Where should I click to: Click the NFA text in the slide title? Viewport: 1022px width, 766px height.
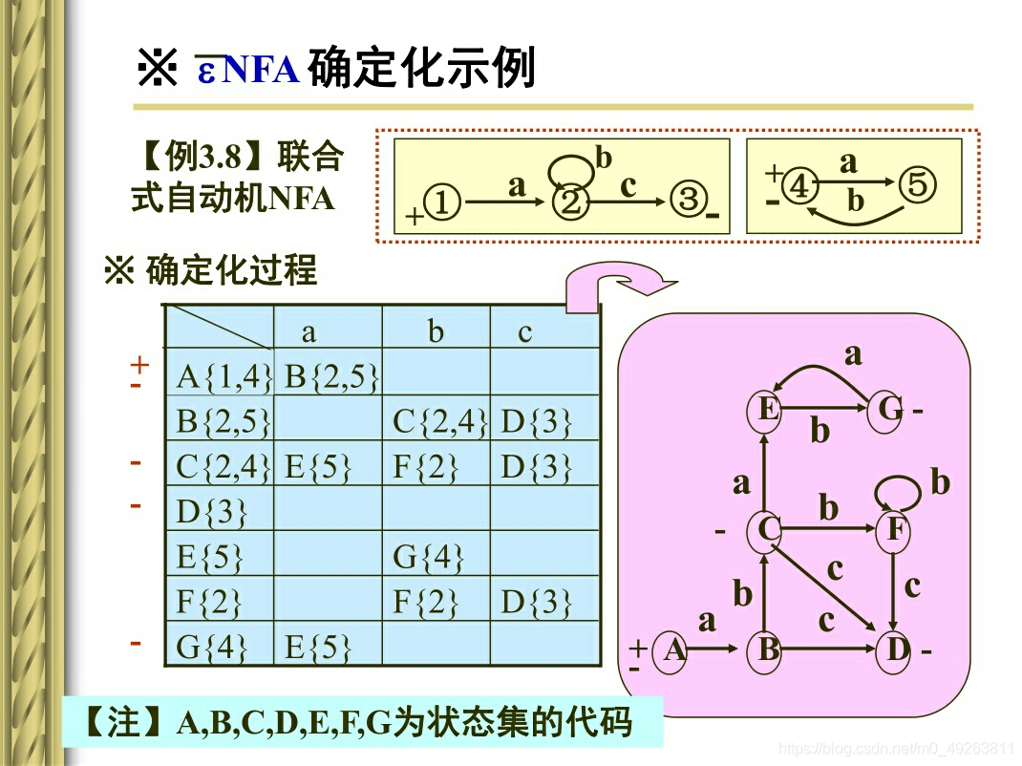261,71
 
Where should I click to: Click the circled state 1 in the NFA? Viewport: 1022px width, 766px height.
443,202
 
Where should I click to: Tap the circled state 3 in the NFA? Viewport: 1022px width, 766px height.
688,201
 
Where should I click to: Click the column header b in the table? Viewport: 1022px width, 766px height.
436,331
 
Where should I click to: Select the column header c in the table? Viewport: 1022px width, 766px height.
524,331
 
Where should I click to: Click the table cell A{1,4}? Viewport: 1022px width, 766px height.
224,376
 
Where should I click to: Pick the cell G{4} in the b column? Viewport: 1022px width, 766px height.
425,556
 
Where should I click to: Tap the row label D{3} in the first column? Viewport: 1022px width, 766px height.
211,512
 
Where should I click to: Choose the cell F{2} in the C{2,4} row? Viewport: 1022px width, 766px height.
425,466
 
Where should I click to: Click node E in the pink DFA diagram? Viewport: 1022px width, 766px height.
765,411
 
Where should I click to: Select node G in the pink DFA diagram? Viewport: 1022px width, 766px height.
889,410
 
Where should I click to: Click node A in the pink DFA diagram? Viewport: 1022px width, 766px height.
674,650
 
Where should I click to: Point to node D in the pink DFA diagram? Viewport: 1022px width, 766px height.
896,650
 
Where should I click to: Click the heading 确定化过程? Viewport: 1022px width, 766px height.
230,272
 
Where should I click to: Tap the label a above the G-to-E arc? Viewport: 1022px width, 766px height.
852,354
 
